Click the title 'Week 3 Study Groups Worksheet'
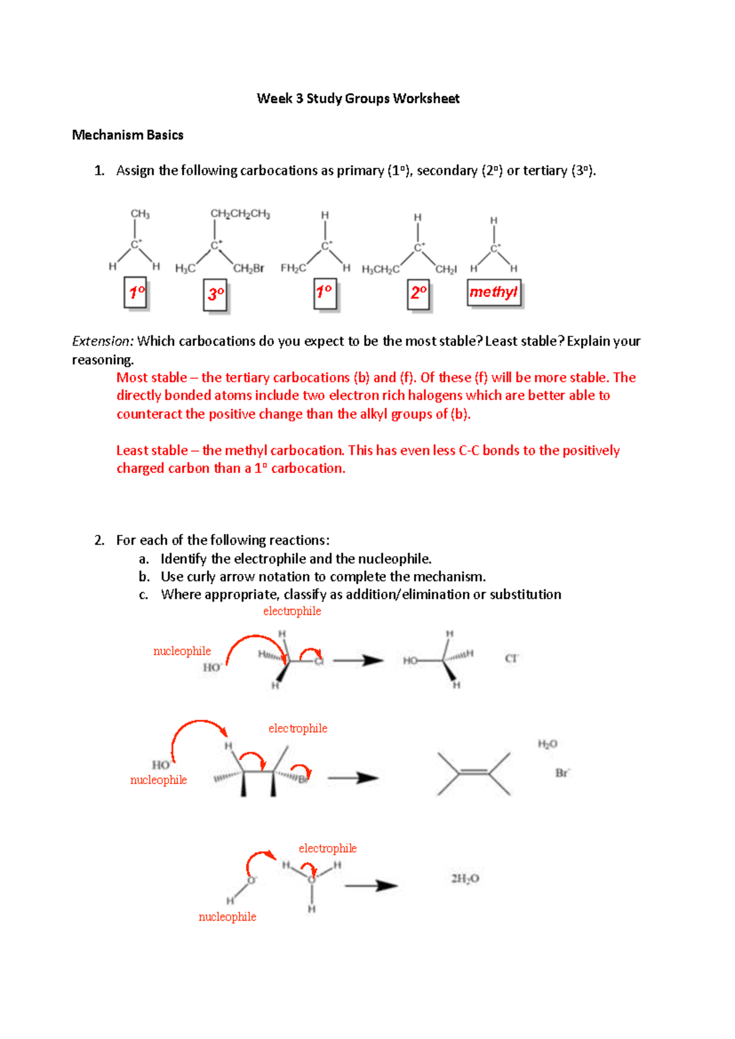[x=358, y=99]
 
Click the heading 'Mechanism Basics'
[x=127, y=135]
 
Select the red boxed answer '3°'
[x=215, y=295]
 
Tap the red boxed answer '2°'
[x=418, y=294]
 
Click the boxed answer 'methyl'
[x=494, y=292]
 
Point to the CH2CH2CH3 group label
[x=240, y=214]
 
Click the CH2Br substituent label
[x=249, y=268]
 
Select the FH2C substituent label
[x=293, y=268]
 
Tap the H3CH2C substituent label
[x=381, y=270]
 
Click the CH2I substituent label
[x=446, y=270]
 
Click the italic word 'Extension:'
[x=103, y=341]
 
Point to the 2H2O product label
[x=465, y=878]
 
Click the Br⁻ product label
[x=562, y=773]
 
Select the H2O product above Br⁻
[x=548, y=744]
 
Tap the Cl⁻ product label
[x=511, y=658]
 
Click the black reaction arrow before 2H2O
[x=371, y=886]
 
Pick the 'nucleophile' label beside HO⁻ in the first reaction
[x=182, y=651]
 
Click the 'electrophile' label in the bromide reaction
[x=298, y=728]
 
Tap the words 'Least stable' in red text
[x=152, y=450]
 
